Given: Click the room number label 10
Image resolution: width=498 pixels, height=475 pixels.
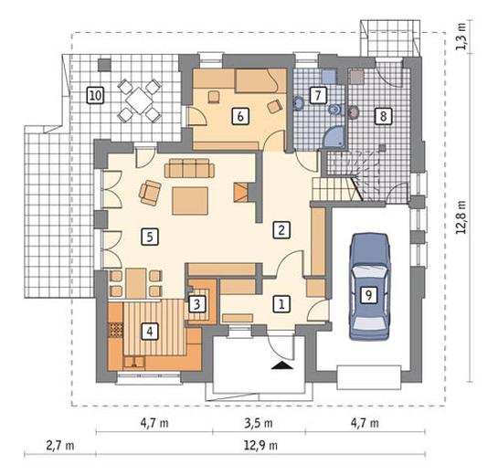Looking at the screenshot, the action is (x=96, y=95).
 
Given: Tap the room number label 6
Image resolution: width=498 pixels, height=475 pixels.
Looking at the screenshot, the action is (x=240, y=116).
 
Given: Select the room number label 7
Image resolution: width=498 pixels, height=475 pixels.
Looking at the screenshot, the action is (x=318, y=95).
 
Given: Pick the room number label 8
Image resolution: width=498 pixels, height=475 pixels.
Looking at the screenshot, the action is (x=383, y=116).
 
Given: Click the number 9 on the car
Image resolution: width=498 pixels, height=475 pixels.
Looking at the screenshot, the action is (x=369, y=296).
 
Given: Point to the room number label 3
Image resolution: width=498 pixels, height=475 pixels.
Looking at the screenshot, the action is (x=196, y=304).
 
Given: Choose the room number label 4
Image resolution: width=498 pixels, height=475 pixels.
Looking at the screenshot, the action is (x=150, y=332).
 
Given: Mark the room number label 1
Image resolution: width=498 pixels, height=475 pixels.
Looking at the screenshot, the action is (x=281, y=304).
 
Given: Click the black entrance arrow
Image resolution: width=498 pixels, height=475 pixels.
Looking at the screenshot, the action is (x=282, y=365).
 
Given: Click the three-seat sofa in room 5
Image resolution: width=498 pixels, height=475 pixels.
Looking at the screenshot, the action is (x=190, y=168).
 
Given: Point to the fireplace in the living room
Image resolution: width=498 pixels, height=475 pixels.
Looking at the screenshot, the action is (x=240, y=193).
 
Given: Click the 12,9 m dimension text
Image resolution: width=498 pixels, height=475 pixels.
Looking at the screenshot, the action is (x=260, y=446).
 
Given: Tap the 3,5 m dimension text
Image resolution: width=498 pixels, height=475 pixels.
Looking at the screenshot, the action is (x=259, y=423).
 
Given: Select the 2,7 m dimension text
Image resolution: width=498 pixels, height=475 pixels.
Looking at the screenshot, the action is (x=60, y=446).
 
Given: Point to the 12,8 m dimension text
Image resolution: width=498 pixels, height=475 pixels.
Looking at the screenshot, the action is (x=461, y=216).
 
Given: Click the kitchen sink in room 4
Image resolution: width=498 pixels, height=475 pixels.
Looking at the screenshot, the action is (x=134, y=363).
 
